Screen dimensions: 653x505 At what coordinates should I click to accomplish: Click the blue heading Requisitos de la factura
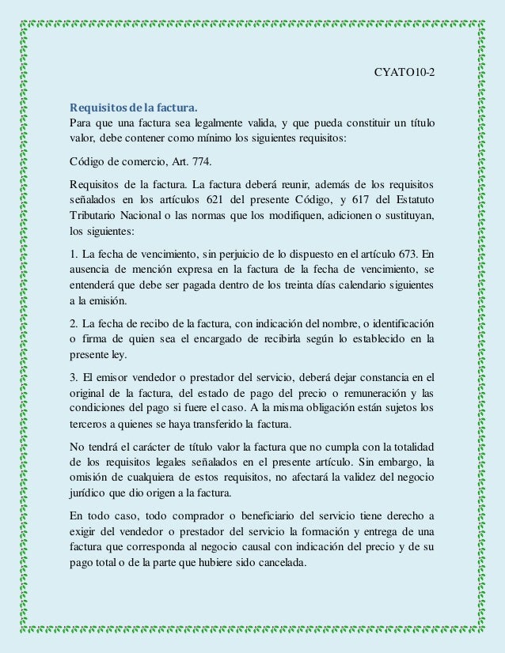[134, 106]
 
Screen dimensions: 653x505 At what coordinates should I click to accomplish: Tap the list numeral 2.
[73, 324]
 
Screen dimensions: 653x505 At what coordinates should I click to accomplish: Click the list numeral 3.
[73, 374]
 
